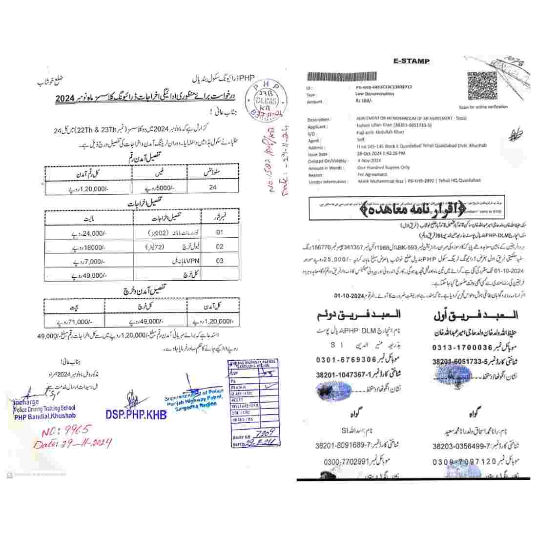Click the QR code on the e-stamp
482,86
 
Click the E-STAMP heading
411,61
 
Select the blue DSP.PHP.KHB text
136,414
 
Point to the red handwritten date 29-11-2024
73,443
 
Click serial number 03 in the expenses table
220,261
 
